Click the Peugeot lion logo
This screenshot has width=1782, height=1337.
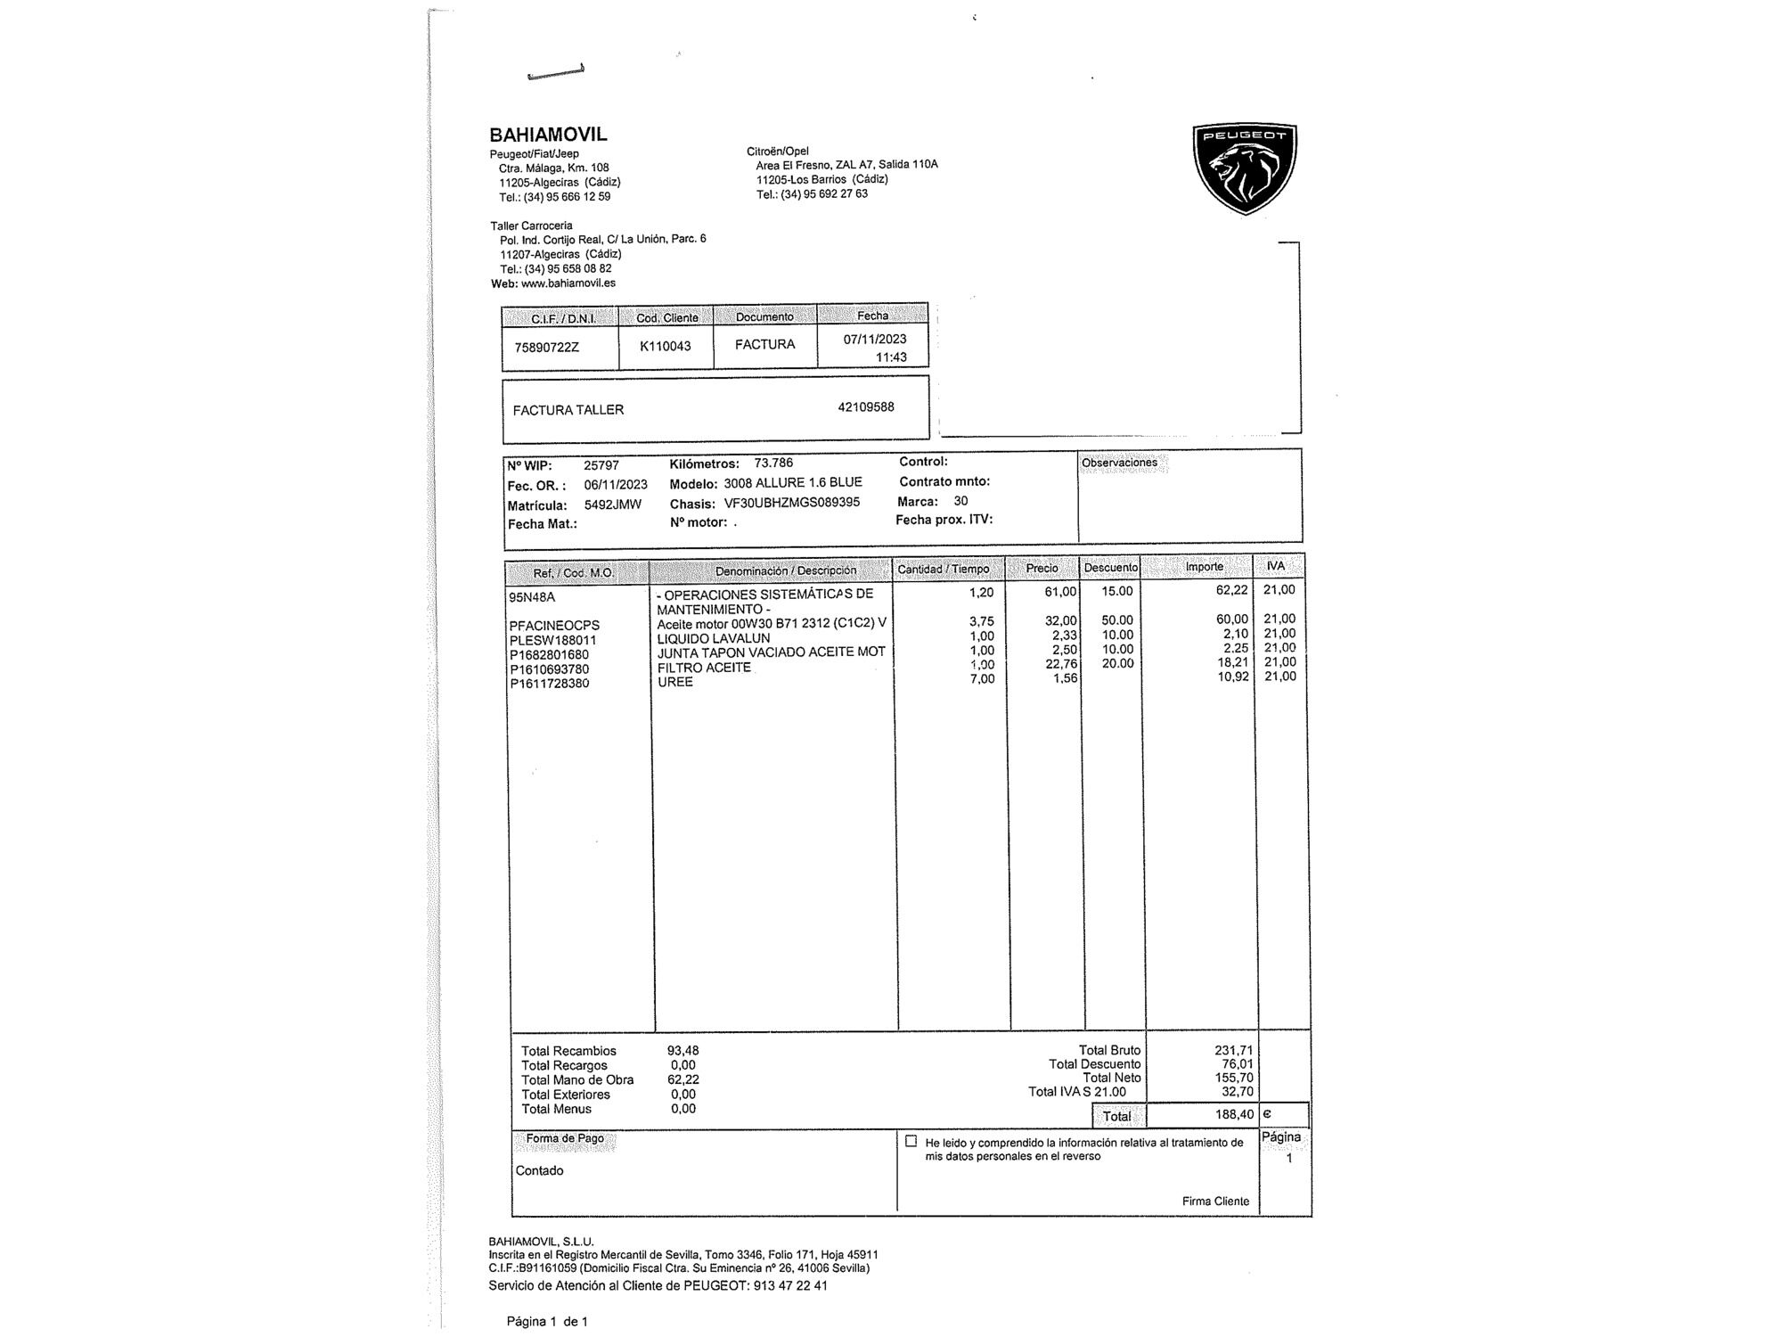1245,168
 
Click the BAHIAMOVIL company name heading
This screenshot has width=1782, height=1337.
548,135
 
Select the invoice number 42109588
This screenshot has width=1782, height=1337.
865,407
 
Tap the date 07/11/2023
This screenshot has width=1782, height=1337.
874,339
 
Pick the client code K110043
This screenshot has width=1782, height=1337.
665,346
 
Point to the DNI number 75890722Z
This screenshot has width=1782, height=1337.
546,347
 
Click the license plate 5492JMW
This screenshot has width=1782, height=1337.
612,504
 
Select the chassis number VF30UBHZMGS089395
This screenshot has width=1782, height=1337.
791,503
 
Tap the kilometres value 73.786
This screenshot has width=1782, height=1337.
772,463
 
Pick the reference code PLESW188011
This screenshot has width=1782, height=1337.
552,640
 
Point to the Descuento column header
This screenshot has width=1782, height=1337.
1110,568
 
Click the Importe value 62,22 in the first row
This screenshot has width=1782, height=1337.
1230,591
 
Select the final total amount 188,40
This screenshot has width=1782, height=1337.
1234,1114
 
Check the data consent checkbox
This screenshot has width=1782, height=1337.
911,1141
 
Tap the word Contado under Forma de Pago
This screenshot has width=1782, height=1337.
539,1170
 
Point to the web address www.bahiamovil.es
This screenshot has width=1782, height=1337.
568,283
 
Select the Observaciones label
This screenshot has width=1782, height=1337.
1119,463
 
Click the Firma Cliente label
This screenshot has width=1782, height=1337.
1215,1201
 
